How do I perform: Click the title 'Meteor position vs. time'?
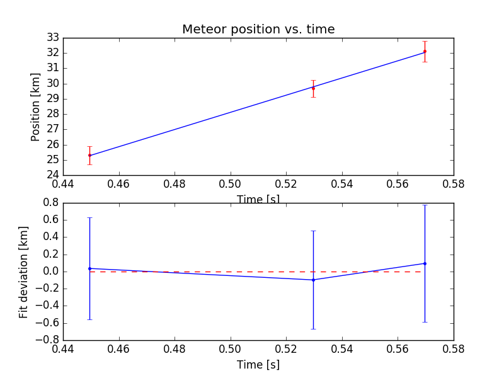[258, 29]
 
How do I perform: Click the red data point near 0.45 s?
[89, 155]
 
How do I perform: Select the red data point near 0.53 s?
[313, 88]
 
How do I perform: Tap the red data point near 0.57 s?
[425, 52]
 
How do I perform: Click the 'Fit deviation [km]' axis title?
[24, 272]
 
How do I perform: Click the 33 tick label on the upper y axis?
[52, 37]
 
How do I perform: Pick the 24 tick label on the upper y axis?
[52, 175]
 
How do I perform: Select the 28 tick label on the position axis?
[52, 114]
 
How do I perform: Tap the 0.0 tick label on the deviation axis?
[50, 272]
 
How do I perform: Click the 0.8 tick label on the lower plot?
[50, 203]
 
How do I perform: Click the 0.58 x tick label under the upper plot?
[453, 184]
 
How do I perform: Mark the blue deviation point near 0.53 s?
[313, 280]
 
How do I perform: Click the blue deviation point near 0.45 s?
[89, 268]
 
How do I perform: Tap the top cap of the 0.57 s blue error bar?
[425, 205]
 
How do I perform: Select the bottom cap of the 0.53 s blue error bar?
[313, 329]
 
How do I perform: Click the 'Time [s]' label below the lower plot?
[258, 365]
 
